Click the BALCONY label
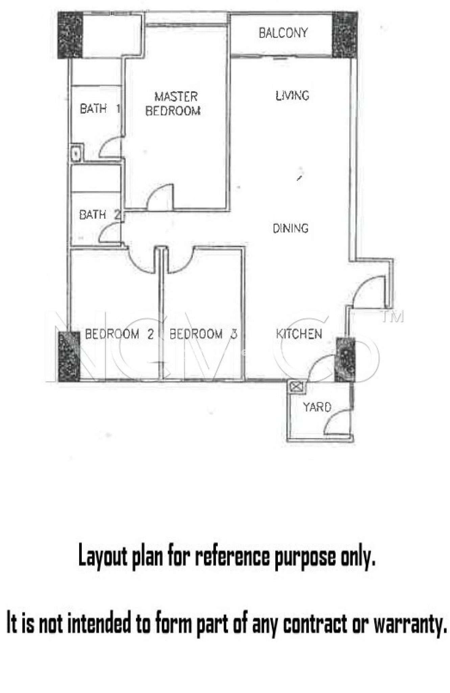coord(283,33)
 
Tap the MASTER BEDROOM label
coord(173,104)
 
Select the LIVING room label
coord(292,95)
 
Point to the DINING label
coord(291,228)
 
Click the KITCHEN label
coord(299,334)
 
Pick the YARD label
coord(317,407)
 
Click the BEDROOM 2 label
coord(119,334)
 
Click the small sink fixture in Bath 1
coord(77,152)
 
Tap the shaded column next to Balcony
coord(345,35)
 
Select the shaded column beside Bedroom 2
coord(69,356)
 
